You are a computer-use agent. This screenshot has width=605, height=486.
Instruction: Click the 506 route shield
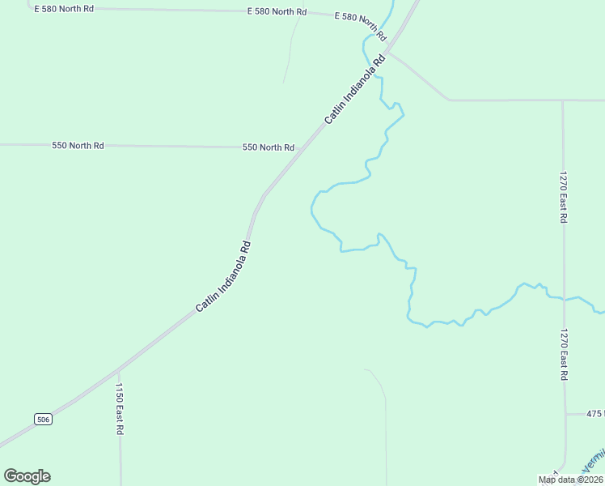tap(44, 419)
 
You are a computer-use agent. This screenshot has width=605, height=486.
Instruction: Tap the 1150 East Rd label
tap(118, 410)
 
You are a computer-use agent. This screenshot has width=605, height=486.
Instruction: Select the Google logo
tap(27, 476)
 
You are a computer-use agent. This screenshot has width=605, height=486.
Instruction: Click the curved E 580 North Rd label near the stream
tap(361, 27)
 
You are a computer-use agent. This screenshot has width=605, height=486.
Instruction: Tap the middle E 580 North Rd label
tap(277, 12)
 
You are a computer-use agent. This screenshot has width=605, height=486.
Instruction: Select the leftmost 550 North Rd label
tap(78, 146)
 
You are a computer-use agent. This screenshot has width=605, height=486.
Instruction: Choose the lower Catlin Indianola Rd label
tap(224, 277)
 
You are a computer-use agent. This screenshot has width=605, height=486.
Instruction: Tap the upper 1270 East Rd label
tap(563, 197)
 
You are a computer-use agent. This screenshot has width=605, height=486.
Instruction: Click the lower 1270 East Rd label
tap(563, 356)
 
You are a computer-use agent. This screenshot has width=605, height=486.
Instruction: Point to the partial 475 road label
tap(595, 414)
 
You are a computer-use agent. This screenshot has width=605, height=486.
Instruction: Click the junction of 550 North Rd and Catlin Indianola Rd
tap(299, 148)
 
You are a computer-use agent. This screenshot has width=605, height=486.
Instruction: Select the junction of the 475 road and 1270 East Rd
tap(565, 414)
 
